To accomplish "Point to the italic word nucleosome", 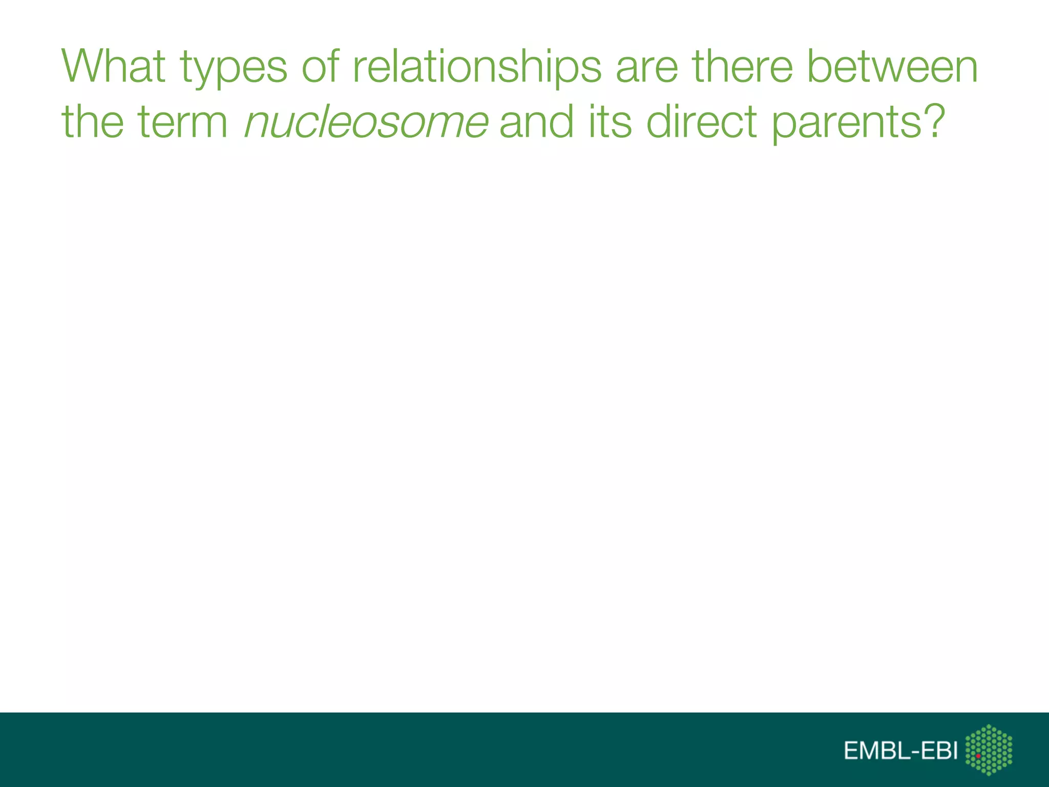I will point(366,123).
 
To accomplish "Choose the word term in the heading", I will point(183,123).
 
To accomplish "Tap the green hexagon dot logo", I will point(989,750).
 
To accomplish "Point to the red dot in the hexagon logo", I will point(978,756).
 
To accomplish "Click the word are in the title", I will point(647,68).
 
